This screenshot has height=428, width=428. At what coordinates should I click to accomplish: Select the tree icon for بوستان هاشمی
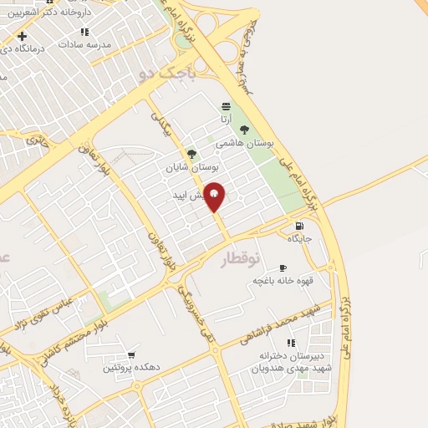[x=244, y=130]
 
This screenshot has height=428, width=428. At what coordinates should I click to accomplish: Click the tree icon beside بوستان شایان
[x=191, y=154]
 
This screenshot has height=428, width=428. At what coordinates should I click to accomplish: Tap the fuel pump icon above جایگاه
[x=299, y=226]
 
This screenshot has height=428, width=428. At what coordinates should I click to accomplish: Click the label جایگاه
[x=299, y=239]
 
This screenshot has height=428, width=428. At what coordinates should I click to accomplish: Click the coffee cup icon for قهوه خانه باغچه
[x=281, y=267]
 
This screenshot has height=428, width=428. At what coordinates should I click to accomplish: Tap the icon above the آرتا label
[x=225, y=106]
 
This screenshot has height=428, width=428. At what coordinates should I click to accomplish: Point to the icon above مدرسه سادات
[x=84, y=32]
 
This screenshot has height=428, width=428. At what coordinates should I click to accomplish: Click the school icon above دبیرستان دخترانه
[x=291, y=343]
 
